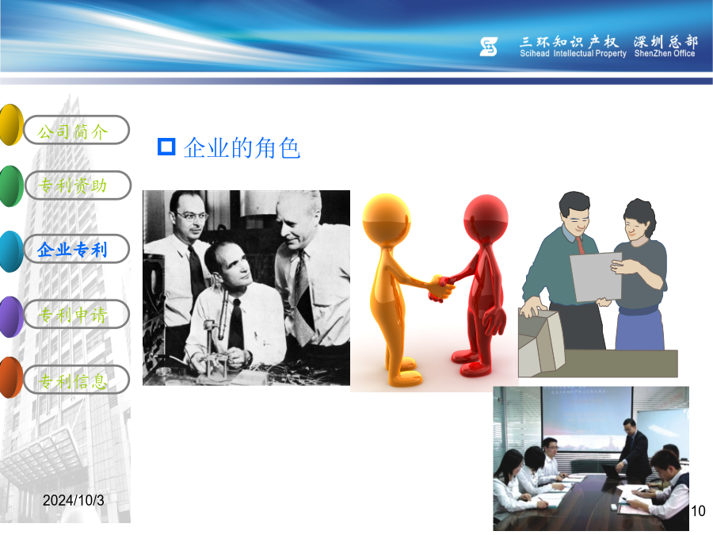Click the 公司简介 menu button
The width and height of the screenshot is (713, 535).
click(76, 130)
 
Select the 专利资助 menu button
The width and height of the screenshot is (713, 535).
click(78, 185)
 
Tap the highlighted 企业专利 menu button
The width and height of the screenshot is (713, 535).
click(76, 249)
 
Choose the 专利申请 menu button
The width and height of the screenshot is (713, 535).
click(76, 315)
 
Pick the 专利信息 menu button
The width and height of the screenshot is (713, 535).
click(76, 380)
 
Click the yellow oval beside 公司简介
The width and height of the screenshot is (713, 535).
click(11, 124)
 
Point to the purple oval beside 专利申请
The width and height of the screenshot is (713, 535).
click(11, 317)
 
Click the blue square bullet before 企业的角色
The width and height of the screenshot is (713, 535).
click(166, 147)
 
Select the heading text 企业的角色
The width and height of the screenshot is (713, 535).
click(242, 148)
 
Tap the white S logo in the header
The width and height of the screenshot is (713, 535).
click(489, 47)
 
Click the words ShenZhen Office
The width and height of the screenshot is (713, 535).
click(665, 54)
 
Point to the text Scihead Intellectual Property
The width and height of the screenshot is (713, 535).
click(574, 54)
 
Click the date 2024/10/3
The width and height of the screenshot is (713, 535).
click(74, 500)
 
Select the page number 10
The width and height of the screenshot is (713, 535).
click(698, 511)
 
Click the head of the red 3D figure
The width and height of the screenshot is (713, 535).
click(486, 217)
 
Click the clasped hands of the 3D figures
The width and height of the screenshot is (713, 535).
click(440, 289)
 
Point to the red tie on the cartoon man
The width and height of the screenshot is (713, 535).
click(580, 246)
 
